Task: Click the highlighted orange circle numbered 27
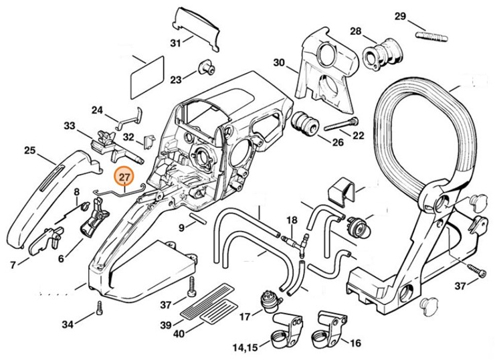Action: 124,178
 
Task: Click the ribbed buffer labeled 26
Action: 305,124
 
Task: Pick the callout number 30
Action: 278,64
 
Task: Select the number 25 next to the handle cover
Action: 29,151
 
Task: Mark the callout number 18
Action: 292,220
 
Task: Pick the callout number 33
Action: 70,125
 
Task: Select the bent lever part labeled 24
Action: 130,118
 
